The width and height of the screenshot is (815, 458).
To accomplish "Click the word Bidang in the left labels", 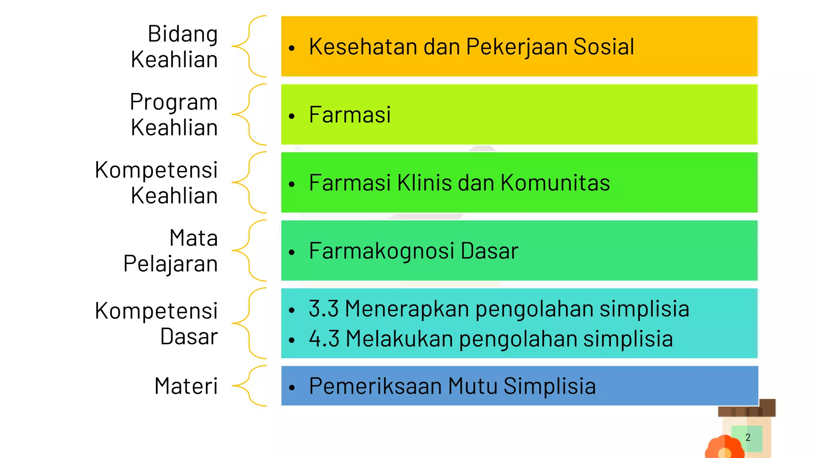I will (x=183, y=34).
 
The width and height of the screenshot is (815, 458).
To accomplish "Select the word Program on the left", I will (x=174, y=102).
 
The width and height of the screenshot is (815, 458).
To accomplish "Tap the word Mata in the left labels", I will (x=193, y=238).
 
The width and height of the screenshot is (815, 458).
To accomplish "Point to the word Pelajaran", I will (x=170, y=264).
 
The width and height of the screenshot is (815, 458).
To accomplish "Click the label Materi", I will (x=186, y=386).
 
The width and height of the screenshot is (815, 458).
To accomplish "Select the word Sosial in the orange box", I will (x=603, y=47).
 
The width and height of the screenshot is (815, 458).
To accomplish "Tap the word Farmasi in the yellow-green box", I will (x=350, y=115).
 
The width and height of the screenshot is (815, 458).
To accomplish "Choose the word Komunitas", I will (x=555, y=183).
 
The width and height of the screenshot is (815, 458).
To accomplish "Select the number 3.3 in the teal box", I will (x=324, y=309).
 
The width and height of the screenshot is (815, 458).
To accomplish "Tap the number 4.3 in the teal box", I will (x=324, y=339).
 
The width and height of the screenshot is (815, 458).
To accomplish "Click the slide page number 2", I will (x=748, y=438).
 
